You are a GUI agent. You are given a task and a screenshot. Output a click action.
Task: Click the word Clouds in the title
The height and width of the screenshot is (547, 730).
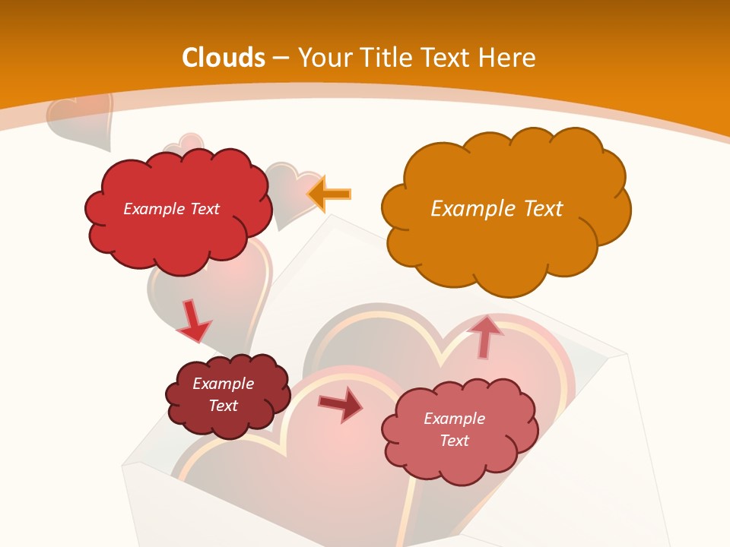(x=224, y=58)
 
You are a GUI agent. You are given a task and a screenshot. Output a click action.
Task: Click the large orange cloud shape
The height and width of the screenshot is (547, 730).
(x=502, y=213)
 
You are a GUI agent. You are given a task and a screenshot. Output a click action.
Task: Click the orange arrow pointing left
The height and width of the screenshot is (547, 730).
(x=329, y=194)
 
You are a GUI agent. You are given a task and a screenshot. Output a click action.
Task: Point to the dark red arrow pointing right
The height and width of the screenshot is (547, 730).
(x=340, y=406)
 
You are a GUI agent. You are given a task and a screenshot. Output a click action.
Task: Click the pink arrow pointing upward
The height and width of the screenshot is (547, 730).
(x=484, y=337)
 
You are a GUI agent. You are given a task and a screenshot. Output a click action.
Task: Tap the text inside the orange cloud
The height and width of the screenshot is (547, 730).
(x=497, y=209)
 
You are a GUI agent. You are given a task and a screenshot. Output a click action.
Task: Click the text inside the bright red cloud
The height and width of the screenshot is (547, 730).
(x=172, y=209)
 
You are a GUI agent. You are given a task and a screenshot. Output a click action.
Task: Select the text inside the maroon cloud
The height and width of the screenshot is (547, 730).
(x=224, y=394)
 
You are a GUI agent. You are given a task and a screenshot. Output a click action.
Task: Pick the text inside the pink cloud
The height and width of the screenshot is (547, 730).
(x=454, y=429)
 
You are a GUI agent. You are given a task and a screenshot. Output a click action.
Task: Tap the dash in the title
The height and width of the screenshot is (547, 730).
(x=280, y=58)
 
